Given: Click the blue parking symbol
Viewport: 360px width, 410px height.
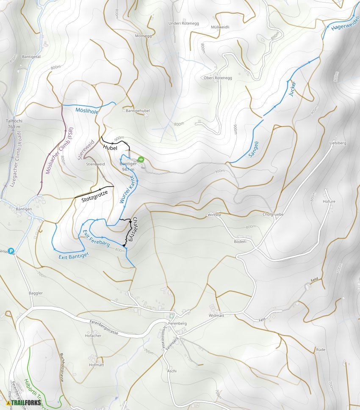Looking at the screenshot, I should [11, 250].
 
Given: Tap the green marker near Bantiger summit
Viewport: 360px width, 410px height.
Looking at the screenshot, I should [141, 160].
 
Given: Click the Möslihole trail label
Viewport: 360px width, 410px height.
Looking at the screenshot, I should [87, 111].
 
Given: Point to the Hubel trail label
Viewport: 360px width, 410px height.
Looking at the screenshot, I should [110, 147].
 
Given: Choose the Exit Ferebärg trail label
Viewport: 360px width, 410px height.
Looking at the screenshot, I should [96, 239].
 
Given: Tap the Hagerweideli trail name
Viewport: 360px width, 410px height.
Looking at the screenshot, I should [345, 23].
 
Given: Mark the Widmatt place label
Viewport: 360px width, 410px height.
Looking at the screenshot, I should [216, 316].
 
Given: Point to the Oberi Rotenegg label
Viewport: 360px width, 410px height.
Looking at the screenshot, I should [218, 78].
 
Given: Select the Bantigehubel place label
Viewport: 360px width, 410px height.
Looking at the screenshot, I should [138, 110].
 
